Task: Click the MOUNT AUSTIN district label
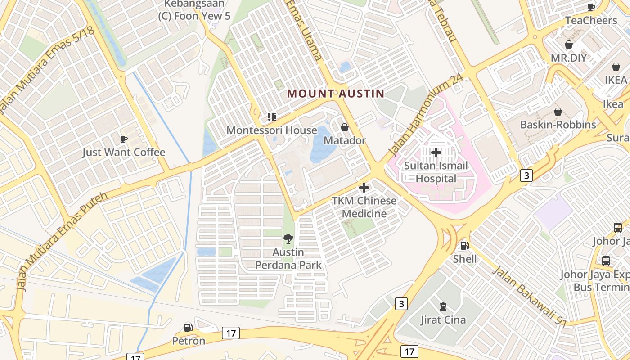(x=336, y=94)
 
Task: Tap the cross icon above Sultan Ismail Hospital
(x=436, y=153)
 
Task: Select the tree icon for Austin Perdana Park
(x=288, y=239)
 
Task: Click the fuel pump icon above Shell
(x=465, y=246)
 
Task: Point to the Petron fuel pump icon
(x=189, y=328)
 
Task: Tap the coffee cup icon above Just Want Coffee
(x=124, y=139)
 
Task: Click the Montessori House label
(x=271, y=130)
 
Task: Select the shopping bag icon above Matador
(x=345, y=128)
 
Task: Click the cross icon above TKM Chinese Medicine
(x=364, y=188)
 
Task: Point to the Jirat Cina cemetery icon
(x=443, y=307)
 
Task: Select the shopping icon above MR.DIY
(x=569, y=45)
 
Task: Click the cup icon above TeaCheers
(x=591, y=7)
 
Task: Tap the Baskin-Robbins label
(x=558, y=125)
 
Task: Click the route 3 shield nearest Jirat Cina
(x=401, y=304)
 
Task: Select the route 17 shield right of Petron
(x=231, y=333)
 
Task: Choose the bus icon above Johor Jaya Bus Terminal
(x=606, y=261)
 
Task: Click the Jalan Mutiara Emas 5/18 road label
(x=47, y=70)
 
